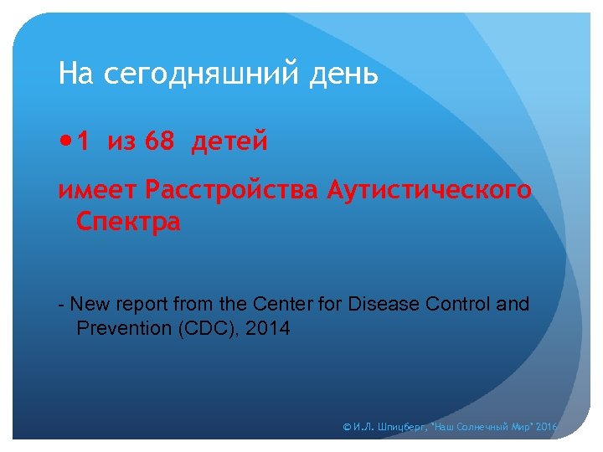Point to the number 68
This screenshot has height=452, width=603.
159,143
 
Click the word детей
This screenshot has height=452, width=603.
230,143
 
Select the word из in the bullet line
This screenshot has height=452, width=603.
121,143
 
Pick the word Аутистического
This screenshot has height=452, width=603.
429,191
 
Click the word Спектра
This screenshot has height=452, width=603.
128,223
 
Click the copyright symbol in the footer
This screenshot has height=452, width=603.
348,428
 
